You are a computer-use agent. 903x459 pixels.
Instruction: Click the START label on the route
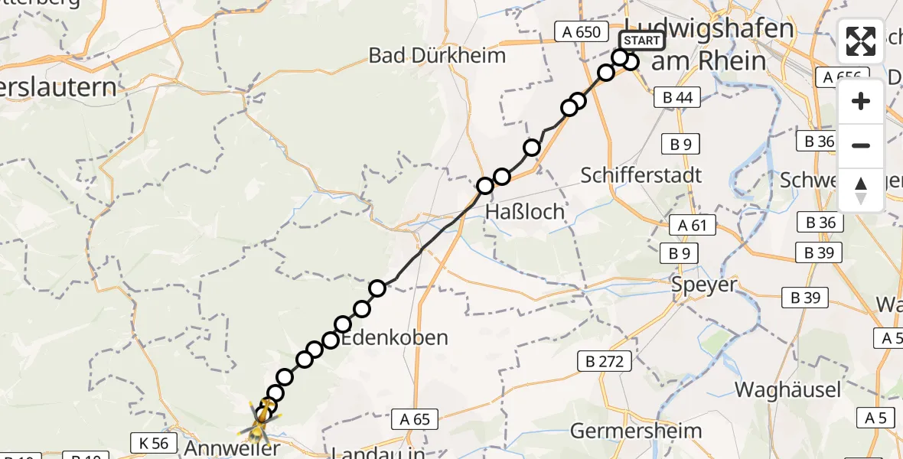pyautogui.click(x=642, y=41)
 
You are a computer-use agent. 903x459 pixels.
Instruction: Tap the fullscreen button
pyautogui.click(x=861, y=41)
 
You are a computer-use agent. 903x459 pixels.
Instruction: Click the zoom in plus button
pyautogui.click(x=861, y=101)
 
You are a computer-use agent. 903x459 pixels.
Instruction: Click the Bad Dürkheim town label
pyautogui.click(x=437, y=55)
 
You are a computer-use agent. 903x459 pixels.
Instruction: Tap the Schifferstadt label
pyautogui.click(x=641, y=175)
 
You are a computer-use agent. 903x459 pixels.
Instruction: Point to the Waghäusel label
pyautogui.click(x=787, y=389)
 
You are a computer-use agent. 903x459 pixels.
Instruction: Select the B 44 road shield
pyautogui.click(x=677, y=97)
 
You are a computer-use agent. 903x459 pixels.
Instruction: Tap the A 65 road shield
pyautogui.click(x=416, y=419)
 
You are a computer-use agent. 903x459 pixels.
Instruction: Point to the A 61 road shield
pyautogui.click(x=693, y=225)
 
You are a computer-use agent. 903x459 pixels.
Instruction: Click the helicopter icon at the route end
pyautogui.click(x=262, y=415)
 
